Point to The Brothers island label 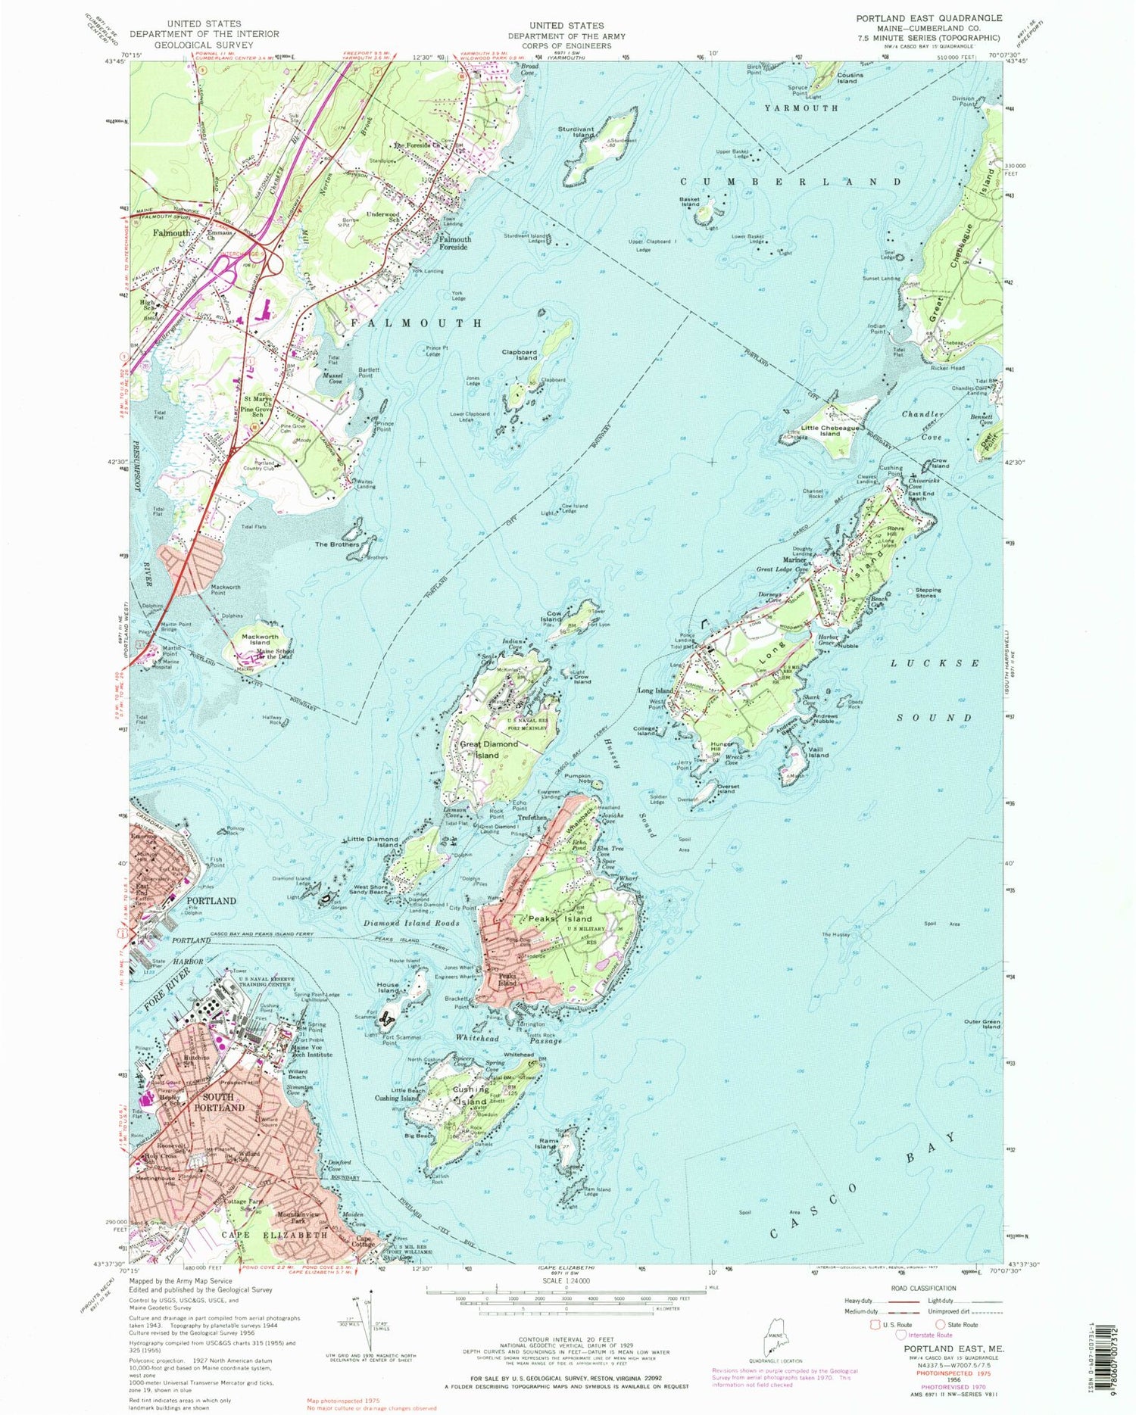[x=336, y=544]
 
